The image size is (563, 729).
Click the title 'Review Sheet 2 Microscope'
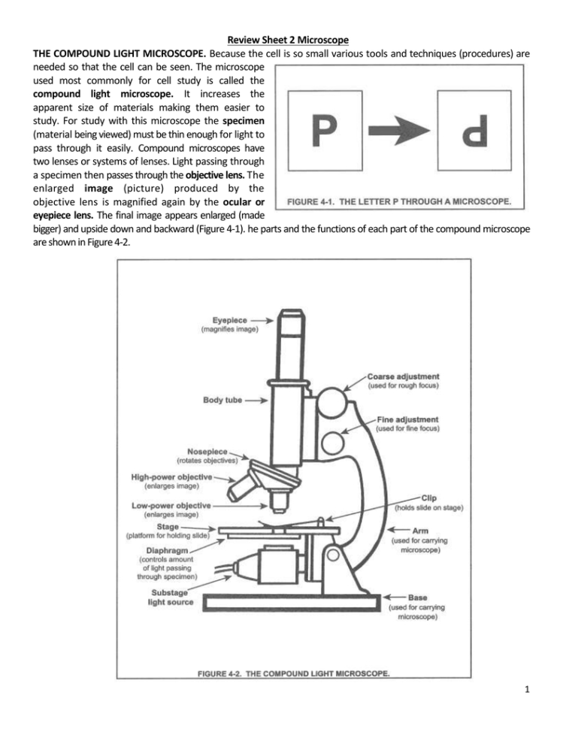pos(281,18)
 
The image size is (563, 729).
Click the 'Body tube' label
pos(222,400)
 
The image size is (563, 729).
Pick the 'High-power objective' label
pos(172,476)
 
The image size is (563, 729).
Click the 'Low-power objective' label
pos(171,505)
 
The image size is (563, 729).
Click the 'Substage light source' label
pos(172,597)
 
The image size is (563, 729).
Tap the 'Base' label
pos(418,597)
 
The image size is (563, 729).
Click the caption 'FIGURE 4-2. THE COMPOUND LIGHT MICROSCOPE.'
pos(293,673)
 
